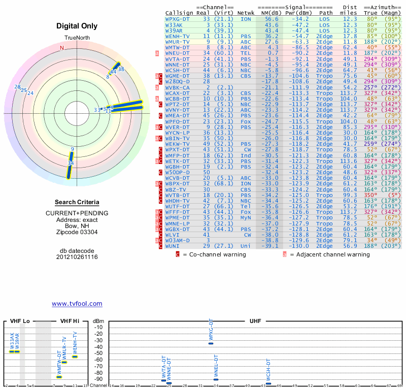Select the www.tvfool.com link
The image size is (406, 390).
[x=77, y=304]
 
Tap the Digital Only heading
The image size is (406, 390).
[x=77, y=26]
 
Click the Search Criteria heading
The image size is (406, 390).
[x=77, y=202]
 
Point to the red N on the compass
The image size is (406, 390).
[x=62, y=48]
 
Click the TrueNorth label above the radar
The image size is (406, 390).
[x=77, y=39]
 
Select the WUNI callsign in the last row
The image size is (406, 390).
[x=173, y=246]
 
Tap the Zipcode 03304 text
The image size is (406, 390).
[x=77, y=232]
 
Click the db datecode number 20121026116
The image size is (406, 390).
[x=77, y=257]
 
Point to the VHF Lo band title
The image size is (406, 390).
[x=20, y=321]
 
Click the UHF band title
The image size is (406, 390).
[x=256, y=321]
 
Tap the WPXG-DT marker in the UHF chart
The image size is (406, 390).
[x=211, y=343]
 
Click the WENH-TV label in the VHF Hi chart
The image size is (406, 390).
[x=75, y=343]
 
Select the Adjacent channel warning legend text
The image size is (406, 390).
[x=333, y=254]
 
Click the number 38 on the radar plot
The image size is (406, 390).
[x=121, y=70]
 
